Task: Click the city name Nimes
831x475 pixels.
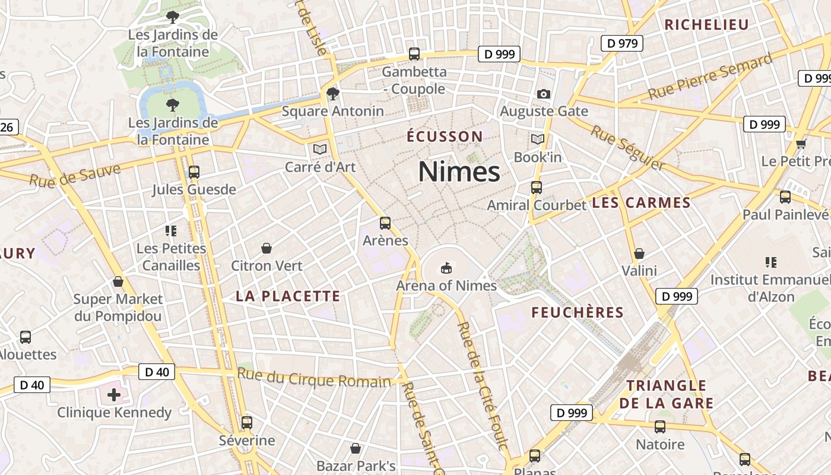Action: (x=459, y=172)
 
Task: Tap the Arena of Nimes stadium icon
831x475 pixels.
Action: (x=446, y=268)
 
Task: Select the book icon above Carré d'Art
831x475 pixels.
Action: (x=320, y=149)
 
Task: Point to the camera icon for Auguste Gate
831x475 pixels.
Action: (x=543, y=94)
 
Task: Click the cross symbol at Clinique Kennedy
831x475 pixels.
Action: (x=113, y=394)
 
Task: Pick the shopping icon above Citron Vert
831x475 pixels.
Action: (x=267, y=248)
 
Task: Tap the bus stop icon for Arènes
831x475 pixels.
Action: (x=385, y=223)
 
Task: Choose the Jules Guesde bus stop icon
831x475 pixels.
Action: (x=194, y=172)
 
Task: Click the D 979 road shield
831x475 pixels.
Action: (x=621, y=43)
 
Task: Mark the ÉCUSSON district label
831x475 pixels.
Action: (x=445, y=137)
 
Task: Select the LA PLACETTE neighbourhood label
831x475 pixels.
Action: (x=288, y=296)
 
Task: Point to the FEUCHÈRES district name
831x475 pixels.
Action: (x=577, y=313)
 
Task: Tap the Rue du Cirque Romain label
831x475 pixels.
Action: (x=314, y=378)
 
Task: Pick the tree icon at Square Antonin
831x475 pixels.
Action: (x=332, y=93)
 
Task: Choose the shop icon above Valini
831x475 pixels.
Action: (x=639, y=254)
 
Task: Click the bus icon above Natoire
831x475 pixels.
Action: (x=659, y=426)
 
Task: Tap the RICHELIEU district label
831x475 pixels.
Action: (x=706, y=25)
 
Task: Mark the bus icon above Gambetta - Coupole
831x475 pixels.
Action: (x=414, y=54)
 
